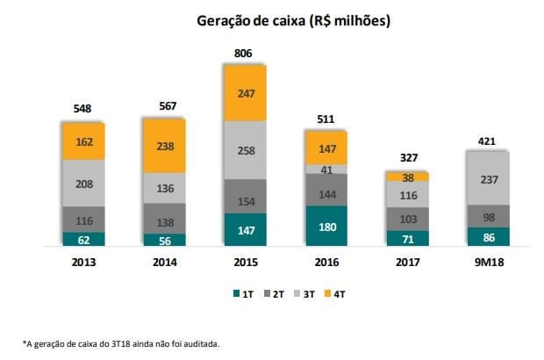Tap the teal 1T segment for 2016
tap(326, 226)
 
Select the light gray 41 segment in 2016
tap(326, 169)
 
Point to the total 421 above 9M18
tap(488, 140)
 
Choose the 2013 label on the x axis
tap(83, 262)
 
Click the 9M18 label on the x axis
tap(488, 262)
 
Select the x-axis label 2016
tap(326, 262)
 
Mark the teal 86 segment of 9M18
tap(488, 237)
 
